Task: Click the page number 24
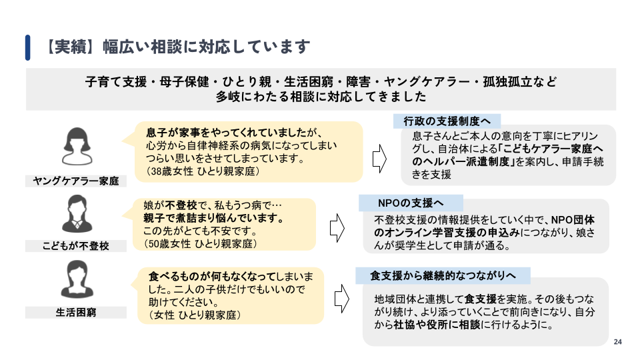(617, 342)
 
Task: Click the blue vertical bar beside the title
(28, 47)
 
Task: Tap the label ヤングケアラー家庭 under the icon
(76, 181)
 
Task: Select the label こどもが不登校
(76, 246)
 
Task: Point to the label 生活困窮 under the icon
(76, 312)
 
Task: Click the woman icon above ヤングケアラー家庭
(77, 146)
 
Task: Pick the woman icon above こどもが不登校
(77, 214)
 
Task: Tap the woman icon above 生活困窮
(77, 279)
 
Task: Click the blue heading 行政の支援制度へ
(447, 121)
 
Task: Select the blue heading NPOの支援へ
(410, 203)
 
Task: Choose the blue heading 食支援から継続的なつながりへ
(443, 275)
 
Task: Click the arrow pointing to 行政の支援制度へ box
(379, 159)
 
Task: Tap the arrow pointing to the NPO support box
(337, 228)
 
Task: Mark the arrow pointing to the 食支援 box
(342, 299)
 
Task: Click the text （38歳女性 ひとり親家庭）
(203, 171)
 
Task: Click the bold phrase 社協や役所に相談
(437, 325)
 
